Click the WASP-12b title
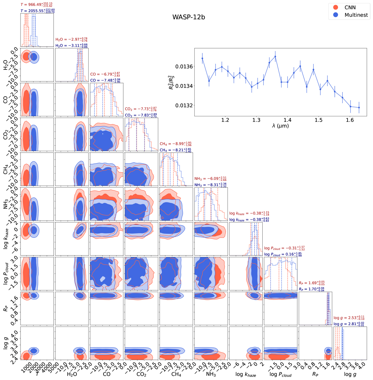(189, 17)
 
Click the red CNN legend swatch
(336, 7)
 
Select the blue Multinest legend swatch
(336, 15)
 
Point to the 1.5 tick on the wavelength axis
(319, 120)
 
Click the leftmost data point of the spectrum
(202, 58)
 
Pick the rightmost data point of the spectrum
(359, 108)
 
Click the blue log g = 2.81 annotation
(349, 324)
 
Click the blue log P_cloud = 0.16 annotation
(283, 254)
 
